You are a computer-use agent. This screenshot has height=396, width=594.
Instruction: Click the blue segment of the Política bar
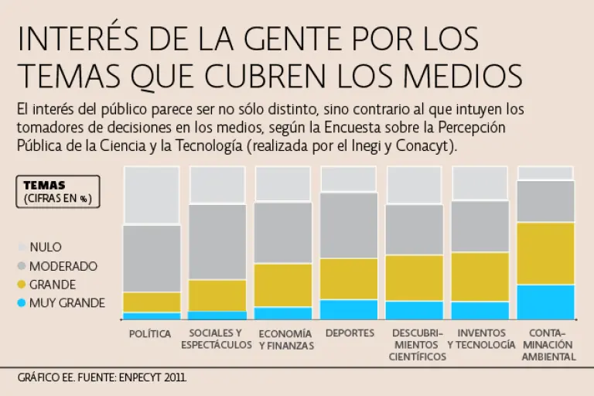pyautogui.click(x=152, y=316)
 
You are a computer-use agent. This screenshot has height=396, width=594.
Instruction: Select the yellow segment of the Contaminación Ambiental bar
pyautogui.click(x=545, y=254)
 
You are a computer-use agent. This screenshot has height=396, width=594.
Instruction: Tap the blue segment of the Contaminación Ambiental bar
pyautogui.click(x=545, y=302)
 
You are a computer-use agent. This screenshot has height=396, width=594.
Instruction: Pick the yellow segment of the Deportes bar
pyautogui.click(x=349, y=278)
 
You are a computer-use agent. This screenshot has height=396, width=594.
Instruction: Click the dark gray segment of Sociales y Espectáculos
pyautogui.click(x=217, y=242)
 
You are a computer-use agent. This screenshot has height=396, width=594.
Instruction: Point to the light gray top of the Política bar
pyautogui.click(x=152, y=196)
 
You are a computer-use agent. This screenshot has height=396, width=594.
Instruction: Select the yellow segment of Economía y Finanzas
pyautogui.click(x=283, y=285)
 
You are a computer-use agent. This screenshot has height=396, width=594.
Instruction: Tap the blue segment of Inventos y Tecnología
pyautogui.click(x=480, y=310)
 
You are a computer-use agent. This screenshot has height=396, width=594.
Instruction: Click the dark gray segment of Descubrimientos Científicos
pyautogui.click(x=415, y=230)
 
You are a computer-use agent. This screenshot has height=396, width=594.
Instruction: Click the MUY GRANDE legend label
pyautogui.click(x=67, y=303)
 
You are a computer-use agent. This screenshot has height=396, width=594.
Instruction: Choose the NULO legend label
pyautogui.click(x=46, y=247)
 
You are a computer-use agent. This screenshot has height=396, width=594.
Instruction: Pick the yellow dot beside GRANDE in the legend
pyautogui.click(x=22, y=285)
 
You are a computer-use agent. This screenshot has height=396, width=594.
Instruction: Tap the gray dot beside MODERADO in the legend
pyautogui.click(x=22, y=266)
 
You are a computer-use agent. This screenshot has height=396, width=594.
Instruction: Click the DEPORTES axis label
pyautogui.click(x=350, y=333)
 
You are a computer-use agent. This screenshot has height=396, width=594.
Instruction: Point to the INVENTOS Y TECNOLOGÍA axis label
pyautogui.click(x=480, y=339)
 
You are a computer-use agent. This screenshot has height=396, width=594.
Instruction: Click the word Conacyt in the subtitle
pyautogui.click(x=431, y=146)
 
